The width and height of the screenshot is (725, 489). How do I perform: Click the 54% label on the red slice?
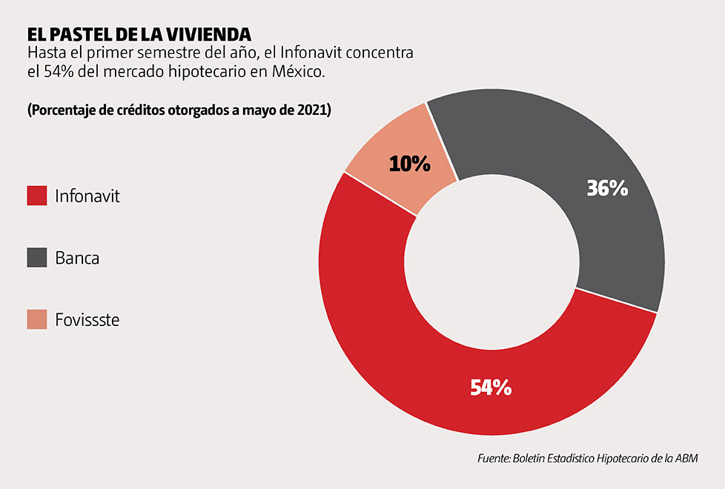pos(491,387)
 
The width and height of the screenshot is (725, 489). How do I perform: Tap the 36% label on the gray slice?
pos(607,188)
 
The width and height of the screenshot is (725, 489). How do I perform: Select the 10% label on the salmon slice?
pos(410,164)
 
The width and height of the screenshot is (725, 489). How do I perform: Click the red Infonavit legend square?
pos(37,196)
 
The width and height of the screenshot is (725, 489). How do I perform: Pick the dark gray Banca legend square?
pos(37,258)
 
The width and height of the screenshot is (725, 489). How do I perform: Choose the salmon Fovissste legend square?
pos(37,319)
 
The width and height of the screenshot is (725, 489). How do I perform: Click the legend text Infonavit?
pos(87,196)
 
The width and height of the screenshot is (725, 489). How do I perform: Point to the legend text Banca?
pos(77,259)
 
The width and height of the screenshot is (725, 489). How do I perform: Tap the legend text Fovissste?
pos(87,320)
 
